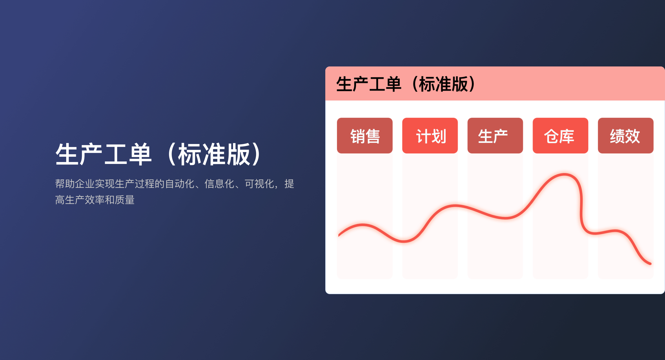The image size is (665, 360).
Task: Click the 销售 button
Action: [x=365, y=136]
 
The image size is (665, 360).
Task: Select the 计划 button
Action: [x=430, y=136]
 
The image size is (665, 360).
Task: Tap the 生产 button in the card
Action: [x=495, y=136]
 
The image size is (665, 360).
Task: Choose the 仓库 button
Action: [x=560, y=136]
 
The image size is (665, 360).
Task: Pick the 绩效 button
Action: [x=625, y=136]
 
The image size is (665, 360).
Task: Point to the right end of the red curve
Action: [x=650, y=264]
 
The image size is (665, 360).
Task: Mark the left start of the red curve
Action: [x=339, y=235]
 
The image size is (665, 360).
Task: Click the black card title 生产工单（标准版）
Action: [x=406, y=84]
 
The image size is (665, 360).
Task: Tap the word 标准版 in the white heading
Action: [x=214, y=154]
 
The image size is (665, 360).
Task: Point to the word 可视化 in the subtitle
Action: [x=259, y=184]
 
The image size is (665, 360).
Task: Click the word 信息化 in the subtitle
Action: [x=219, y=184]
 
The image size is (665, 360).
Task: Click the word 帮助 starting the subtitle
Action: [x=65, y=184]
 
